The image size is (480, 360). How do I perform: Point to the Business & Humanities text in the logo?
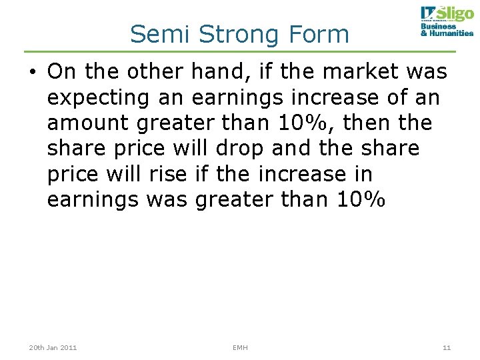tap(447, 30)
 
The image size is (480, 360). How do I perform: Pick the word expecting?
tap(99, 97)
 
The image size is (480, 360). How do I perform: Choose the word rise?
tap(171, 173)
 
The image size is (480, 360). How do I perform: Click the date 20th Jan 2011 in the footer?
tap(53, 347)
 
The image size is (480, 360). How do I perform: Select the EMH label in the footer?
tap(240, 347)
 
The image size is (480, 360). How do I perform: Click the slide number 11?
tap(447, 347)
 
